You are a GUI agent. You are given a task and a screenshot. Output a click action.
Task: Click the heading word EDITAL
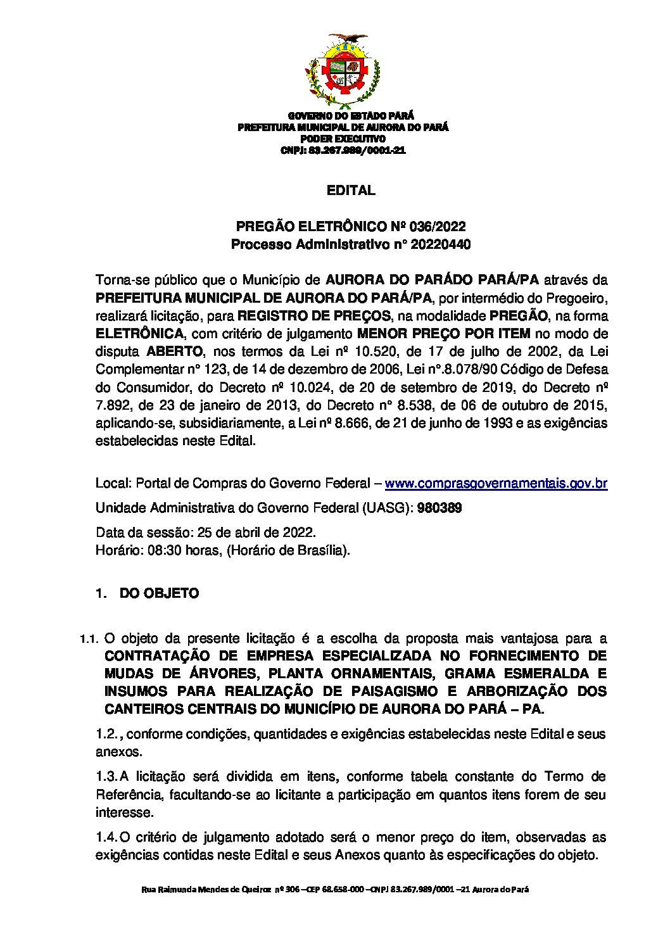pos(351,191)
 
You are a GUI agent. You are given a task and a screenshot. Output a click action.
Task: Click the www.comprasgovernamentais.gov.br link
pos(496,484)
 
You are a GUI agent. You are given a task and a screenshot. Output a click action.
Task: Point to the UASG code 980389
pos(439,508)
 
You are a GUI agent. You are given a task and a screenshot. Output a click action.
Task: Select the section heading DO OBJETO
pos(159,593)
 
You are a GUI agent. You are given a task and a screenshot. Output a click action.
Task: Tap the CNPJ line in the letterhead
pos(343,151)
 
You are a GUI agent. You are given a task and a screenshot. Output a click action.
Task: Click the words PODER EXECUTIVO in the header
pos(343,139)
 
